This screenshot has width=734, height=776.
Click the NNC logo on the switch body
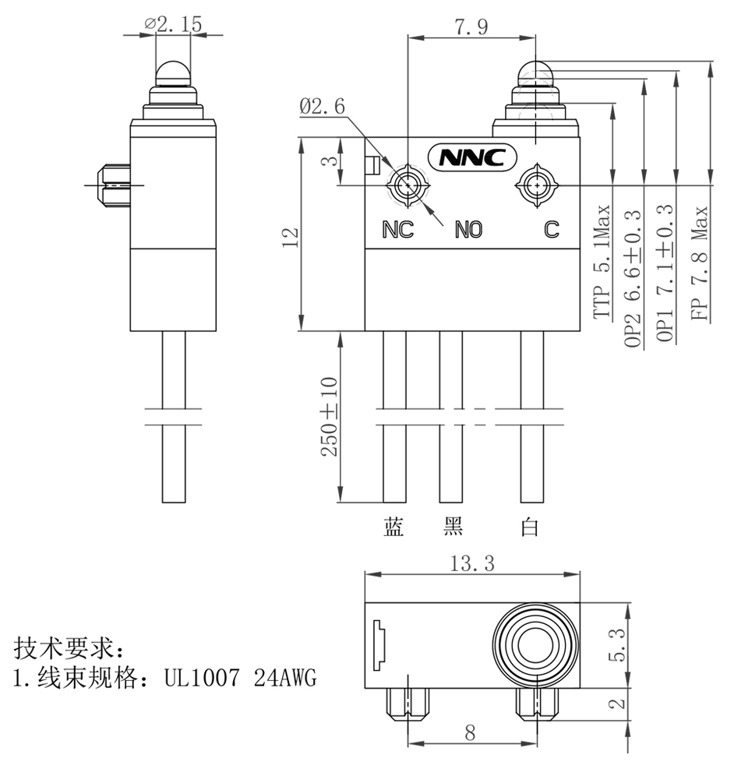tap(472, 157)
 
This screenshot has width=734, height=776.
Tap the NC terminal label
tap(398, 229)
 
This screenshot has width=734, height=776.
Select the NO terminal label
tap(469, 229)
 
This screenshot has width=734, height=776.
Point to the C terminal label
tap(551, 229)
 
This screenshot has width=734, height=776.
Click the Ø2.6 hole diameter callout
tap(322, 107)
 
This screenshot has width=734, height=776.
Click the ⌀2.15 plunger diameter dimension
tap(173, 24)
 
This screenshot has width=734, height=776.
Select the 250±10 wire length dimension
tap(329, 417)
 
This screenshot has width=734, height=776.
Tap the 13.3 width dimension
tap(473, 564)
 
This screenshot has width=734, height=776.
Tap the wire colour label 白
tap(530, 527)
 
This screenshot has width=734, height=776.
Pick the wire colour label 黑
tap(453, 527)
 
